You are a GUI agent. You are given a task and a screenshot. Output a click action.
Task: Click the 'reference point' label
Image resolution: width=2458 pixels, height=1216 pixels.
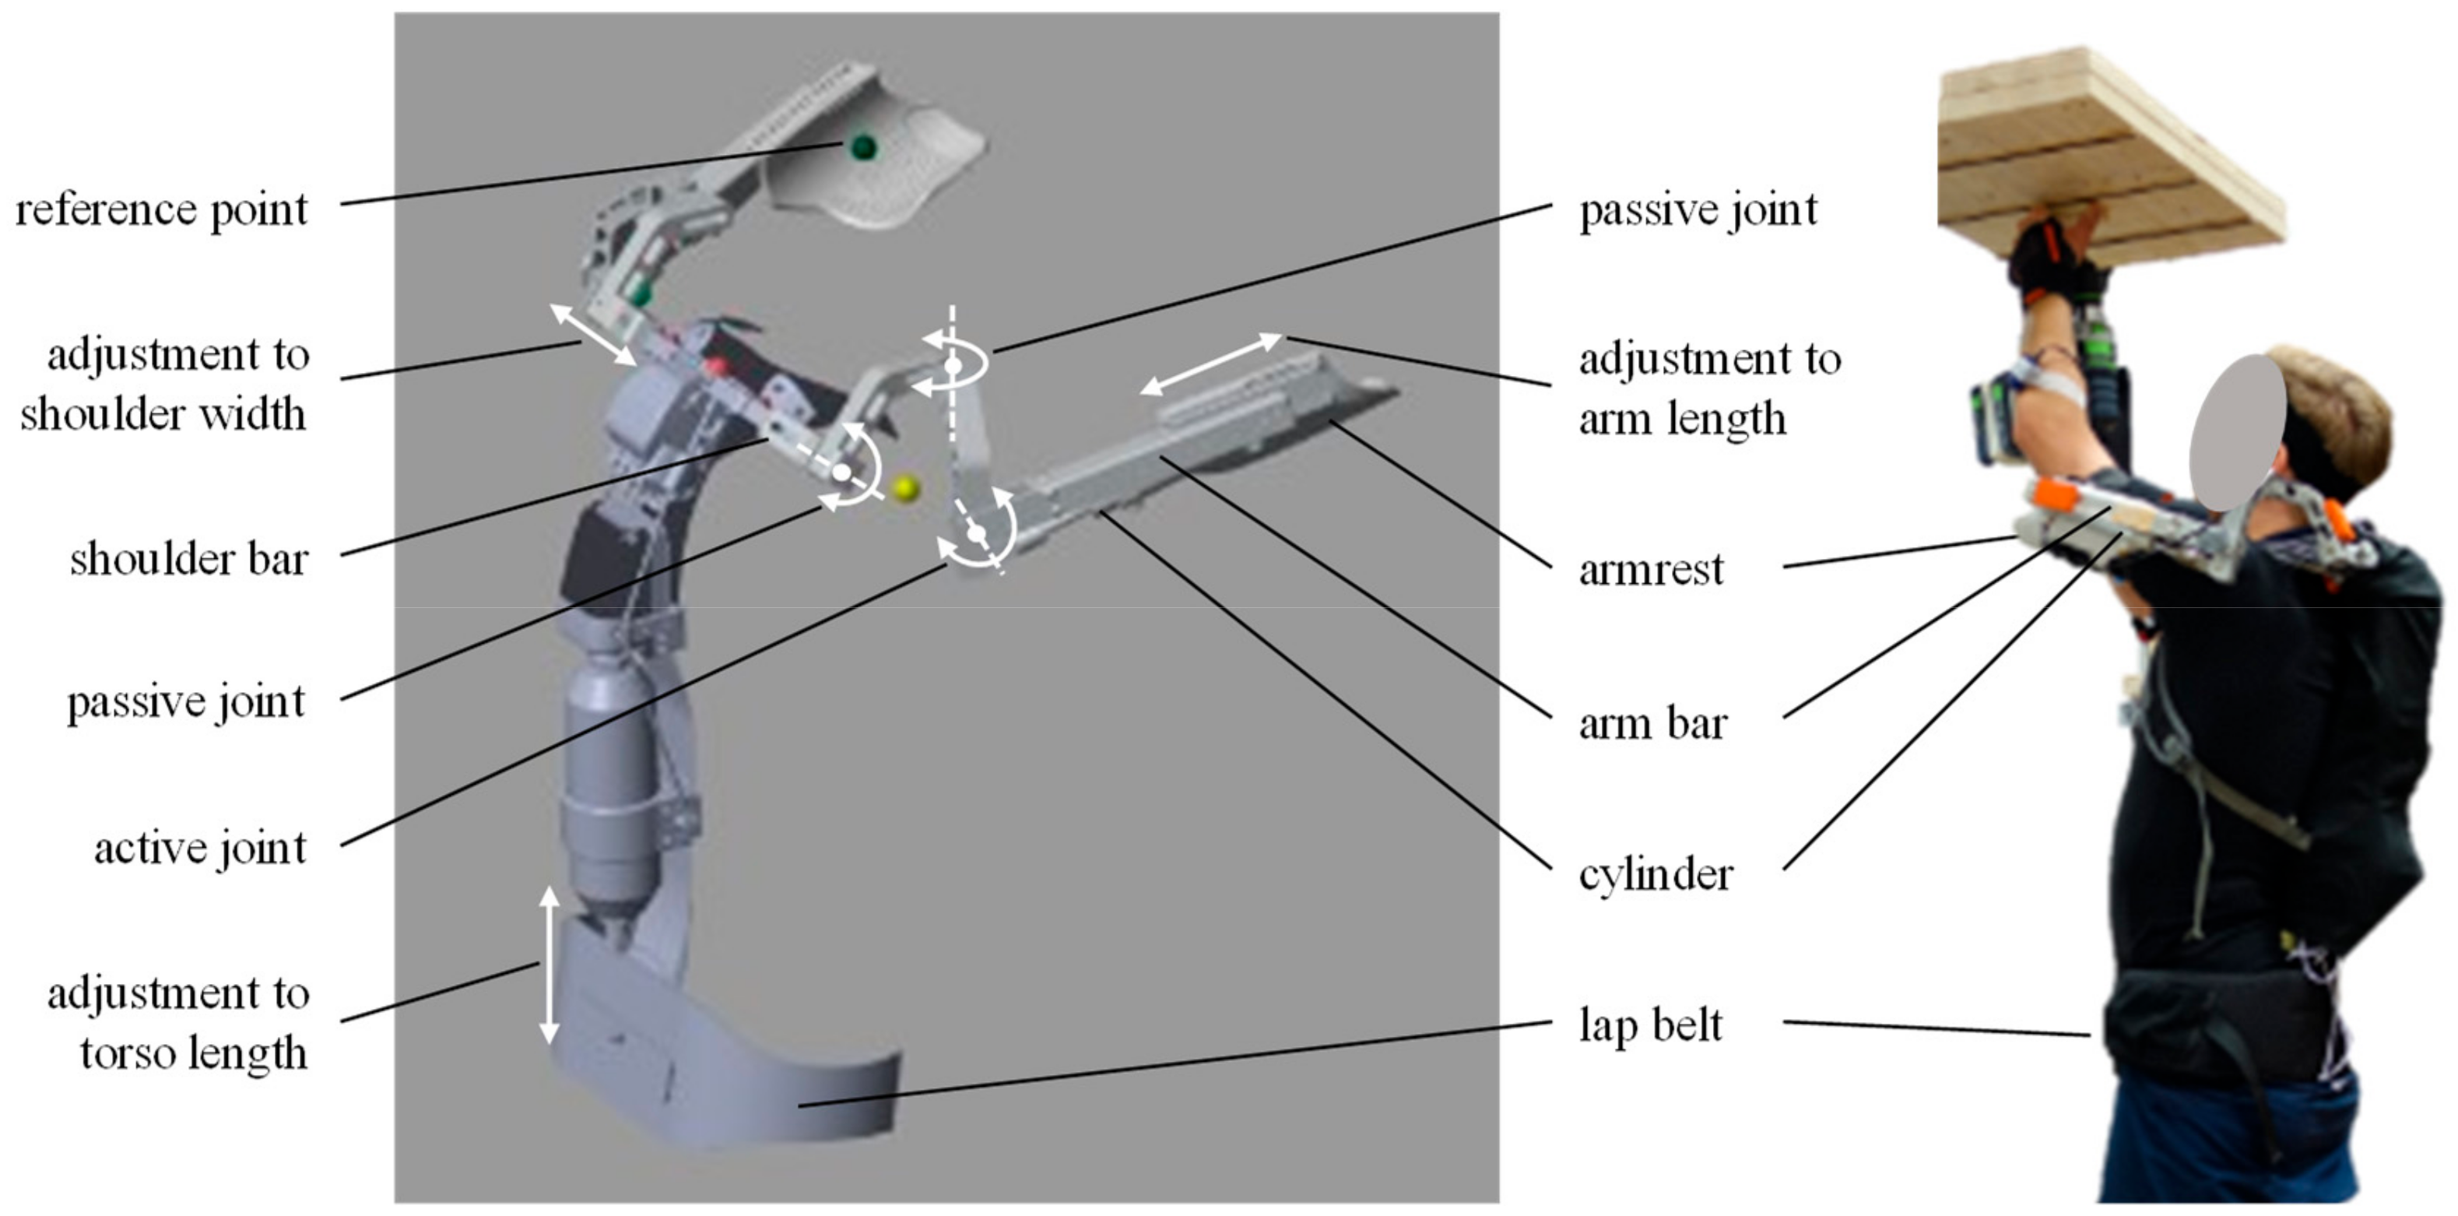(x=162, y=210)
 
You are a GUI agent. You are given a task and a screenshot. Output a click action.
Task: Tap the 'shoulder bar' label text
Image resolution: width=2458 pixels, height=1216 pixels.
(x=189, y=559)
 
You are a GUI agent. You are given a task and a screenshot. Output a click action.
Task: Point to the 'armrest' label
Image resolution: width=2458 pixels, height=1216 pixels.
(x=1651, y=570)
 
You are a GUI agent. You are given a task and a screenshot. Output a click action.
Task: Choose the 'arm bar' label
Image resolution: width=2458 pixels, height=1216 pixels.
(x=1652, y=723)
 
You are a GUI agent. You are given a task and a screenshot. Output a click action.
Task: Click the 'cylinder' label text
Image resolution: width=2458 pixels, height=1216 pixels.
(x=1656, y=874)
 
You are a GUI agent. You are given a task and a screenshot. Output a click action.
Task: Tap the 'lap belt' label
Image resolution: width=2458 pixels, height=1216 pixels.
(x=1651, y=1026)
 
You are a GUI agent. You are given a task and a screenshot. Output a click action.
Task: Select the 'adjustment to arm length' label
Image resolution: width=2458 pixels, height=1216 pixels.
(x=1708, y=388)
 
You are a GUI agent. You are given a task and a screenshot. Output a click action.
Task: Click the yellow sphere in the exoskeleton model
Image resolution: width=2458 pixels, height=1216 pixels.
(x=904, y=489)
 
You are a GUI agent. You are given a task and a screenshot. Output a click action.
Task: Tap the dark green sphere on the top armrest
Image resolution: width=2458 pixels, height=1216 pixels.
(x=862, y=147)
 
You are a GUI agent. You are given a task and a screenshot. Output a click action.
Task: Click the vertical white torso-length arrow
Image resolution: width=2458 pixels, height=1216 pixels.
(x=549, y=964)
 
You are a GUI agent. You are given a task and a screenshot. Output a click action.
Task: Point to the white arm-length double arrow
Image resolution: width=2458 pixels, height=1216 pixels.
(x=1211, y=364)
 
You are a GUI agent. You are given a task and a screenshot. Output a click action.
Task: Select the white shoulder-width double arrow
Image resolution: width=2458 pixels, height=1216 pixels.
(x=594, y=334)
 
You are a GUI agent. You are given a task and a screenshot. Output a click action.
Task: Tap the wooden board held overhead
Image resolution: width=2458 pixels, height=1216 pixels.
(x=2109, y=153)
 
